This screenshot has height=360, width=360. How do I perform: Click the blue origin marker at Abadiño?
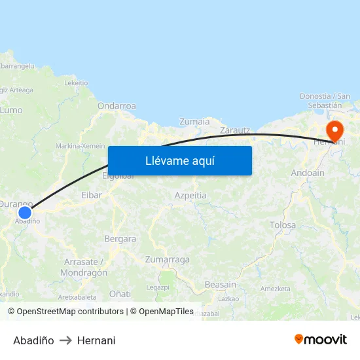[25, 213]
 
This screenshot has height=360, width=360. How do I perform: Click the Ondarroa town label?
[117, 105]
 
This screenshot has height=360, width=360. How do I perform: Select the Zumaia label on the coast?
[194, 121]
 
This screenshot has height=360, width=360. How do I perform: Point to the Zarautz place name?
[235, 130]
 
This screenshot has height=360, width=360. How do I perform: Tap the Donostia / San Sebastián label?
[325, 100]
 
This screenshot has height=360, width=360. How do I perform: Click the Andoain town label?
[307, 173]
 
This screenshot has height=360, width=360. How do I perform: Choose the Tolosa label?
[283, 225]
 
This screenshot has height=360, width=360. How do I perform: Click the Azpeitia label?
[190, 195]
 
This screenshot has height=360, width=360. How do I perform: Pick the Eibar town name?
[92, 195]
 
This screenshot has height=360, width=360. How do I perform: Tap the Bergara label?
[120, 239]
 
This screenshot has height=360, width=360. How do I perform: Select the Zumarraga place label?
[168, 259]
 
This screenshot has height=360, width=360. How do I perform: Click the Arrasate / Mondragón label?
[86, 267]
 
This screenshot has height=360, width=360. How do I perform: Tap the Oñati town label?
[120, 293]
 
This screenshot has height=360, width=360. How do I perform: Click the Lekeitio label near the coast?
[77, 83]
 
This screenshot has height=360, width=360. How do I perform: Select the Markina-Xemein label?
[81, 145]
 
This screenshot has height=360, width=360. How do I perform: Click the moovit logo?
[320, 339]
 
